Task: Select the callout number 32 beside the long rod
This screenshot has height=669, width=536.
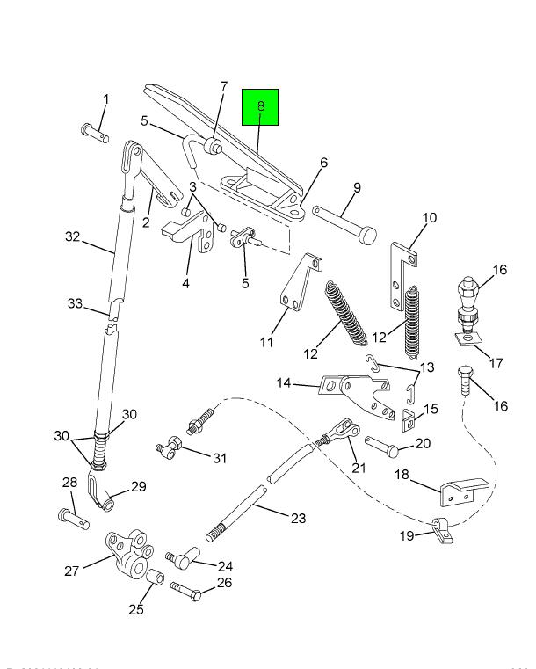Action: pyautogui.click(x=72, y=236)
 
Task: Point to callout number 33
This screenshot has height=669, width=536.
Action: pyautogui.click(x=75, y=304)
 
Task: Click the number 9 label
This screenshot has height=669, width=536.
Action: pyautogui.click(x=358, y=187)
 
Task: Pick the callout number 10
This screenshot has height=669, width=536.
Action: pyautogui.click(x=430, y=218)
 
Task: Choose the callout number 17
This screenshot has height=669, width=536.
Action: pyautogui.click(x=496, y=362)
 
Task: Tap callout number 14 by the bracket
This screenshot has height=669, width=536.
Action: pyautogui.click(x=283, y=383)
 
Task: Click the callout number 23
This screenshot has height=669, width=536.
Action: pyautogui.click(x=298, y=518)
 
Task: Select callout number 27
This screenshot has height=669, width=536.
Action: pyautogui.click(x=72, y=571)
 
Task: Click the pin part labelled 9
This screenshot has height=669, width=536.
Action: pyautogui.click(x=343, y=223)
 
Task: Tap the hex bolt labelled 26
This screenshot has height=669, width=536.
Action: pyautogui.click(x=186, y=592)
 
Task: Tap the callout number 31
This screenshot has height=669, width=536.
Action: pyautogui.click(x=219, y=457)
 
